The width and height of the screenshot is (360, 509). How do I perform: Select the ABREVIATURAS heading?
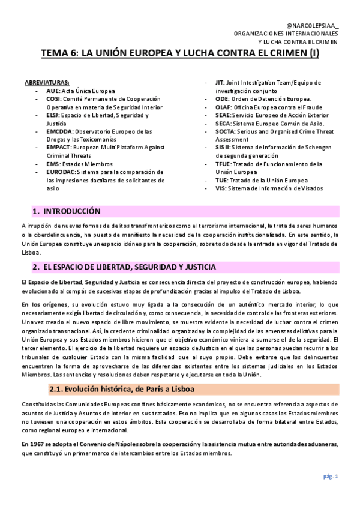pos(47,82)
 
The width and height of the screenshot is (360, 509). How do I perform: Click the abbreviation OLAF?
pos(224,107)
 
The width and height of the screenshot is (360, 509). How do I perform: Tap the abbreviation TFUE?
pos(224,164)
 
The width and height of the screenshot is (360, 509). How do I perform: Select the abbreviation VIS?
pos(220,188)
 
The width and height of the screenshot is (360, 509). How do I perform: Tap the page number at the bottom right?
pos(331,476)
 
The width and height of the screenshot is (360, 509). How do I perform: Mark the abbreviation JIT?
pos(220,82)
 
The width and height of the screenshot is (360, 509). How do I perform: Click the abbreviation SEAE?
pos(223,115)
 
